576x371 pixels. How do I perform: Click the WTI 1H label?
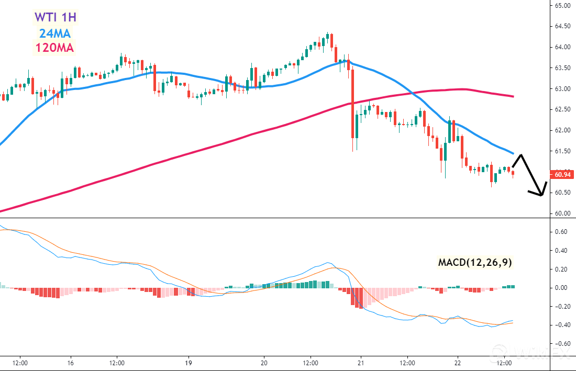click(56, 17)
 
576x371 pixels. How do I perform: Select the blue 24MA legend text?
click(56, 33)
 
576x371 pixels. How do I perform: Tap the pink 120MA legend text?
click(54, 49)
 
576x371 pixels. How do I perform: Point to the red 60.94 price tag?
click(560, 174)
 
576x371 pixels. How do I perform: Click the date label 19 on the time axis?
click(189, 362)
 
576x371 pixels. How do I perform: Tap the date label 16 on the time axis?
click(70, 362)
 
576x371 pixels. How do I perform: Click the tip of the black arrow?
click(541, 196)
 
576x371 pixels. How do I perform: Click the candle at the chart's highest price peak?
click(327, 37)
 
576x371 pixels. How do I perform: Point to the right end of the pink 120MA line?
click(513, 96)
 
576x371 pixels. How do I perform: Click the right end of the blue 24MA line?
click(513, 154)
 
